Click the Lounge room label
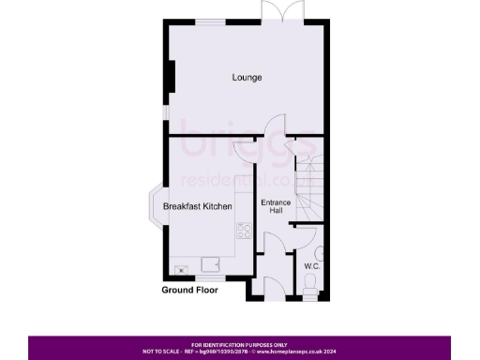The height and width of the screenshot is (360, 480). (x=247, y=77)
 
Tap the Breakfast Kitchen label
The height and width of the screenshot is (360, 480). (x=197, y=205)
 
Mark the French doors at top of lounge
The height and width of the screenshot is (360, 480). (x=273, y=11)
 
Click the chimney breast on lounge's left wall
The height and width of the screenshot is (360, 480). (x=171, y=77)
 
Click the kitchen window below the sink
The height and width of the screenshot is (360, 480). (x=205, y=278)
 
